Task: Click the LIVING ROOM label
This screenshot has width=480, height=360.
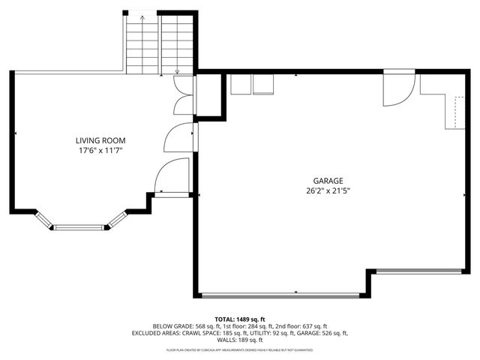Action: [x=100, y=140]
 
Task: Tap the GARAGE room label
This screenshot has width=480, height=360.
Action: [x=328, y=181]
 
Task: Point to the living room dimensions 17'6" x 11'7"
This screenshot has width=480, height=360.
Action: [x=100, y=151]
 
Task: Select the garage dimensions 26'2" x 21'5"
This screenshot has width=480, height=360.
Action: [x=328, y=191]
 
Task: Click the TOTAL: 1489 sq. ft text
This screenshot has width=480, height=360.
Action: [x=240, y=319]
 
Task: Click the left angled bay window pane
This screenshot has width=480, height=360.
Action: [x=43, y=218]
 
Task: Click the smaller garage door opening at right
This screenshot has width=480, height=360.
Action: [x=418, y=271]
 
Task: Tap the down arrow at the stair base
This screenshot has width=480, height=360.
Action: [x=177, y=71]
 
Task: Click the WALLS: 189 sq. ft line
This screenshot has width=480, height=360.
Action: [x=240, y=340]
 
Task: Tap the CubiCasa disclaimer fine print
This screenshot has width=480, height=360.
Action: [x=240, y=349]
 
